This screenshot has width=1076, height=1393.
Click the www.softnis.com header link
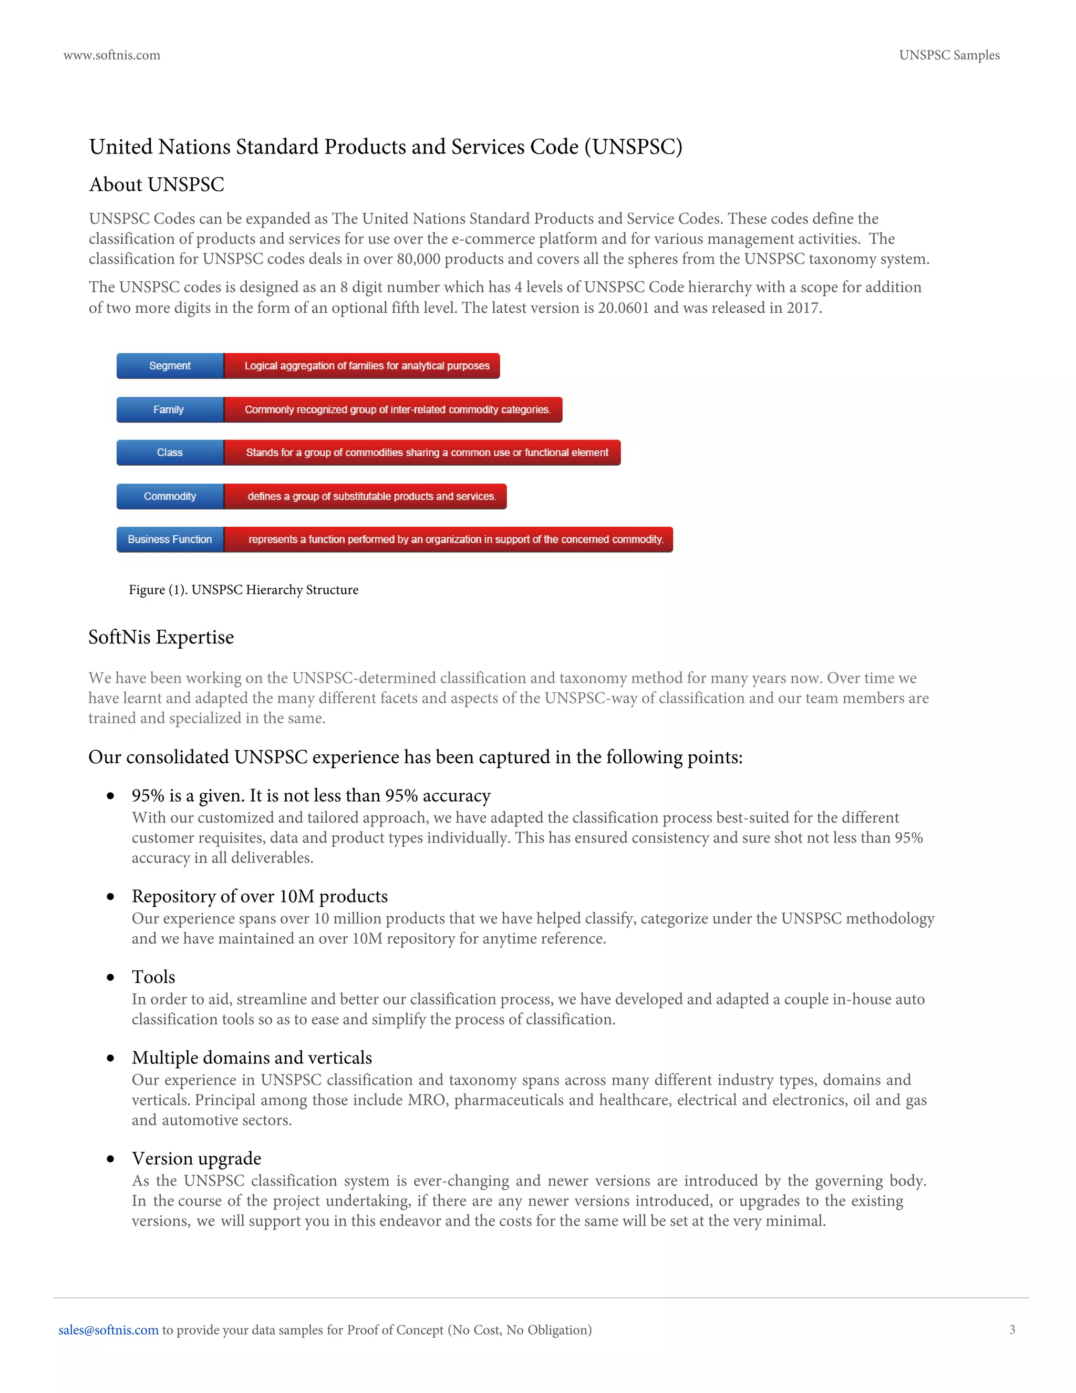tap(111, 56)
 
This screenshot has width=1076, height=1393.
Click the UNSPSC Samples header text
tap(948, 56)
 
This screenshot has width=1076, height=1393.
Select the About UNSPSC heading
tap(156, 185)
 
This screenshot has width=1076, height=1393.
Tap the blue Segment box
tap(170, 365)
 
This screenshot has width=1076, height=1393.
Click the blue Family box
tap(170, 409)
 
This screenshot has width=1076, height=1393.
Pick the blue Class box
tap(170, 452)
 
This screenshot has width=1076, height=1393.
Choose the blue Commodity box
tap(170, 496)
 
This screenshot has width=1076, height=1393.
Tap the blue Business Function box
tap(170, 539)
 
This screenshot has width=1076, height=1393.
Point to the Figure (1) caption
tap(243, 590)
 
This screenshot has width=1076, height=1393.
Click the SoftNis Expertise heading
tap(161, 637)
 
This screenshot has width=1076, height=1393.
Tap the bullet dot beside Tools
tap(111, 977)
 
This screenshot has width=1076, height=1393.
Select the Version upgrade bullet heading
tap(196, 1158)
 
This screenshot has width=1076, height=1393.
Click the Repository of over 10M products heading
tap(260, 896)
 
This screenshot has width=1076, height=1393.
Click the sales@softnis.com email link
tap(108, 1330)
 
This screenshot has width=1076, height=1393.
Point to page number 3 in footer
tap(1011, 1330)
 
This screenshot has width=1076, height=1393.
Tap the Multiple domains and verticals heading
tap(252, 1058)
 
